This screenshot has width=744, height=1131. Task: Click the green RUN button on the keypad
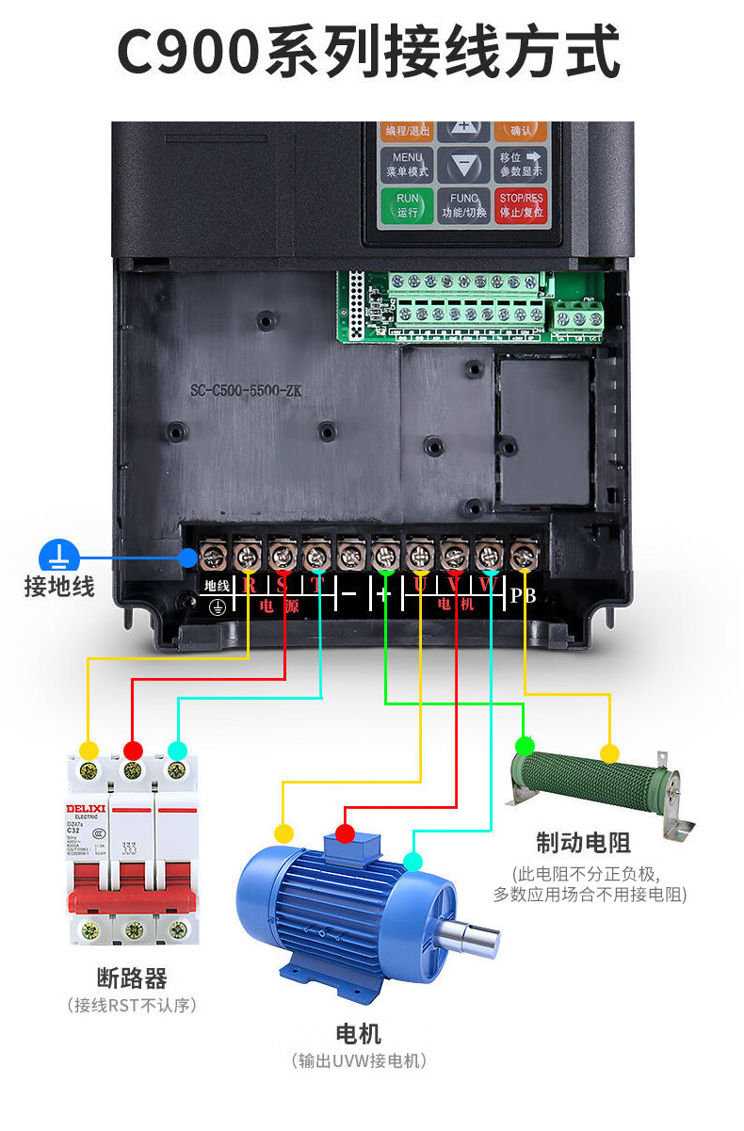click(408, 204)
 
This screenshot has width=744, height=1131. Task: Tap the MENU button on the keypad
click(408, 165)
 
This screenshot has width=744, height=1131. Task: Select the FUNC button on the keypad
click(464, 205)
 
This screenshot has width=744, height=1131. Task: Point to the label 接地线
click(59, 587)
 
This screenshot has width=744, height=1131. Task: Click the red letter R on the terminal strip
click(249, 585)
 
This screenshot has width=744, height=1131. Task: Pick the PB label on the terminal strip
click(523, 595)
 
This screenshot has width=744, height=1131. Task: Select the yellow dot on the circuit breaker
click(89, 751)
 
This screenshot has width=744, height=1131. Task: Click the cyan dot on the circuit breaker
click(176, 751)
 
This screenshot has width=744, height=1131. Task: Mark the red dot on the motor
click(346, 833)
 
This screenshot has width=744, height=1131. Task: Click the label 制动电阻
click(583, 841)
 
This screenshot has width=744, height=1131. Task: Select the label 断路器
click(132, 977)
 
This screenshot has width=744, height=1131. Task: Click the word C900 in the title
click(188, 52)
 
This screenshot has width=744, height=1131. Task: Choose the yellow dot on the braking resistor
click(609, 753)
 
